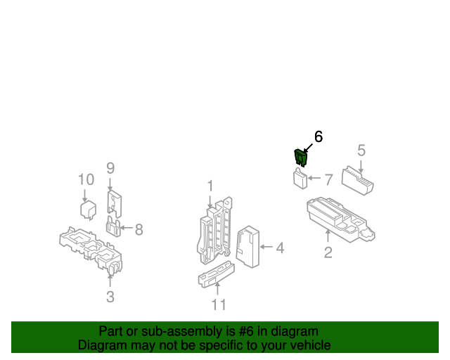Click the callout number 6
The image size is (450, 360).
(319, 136)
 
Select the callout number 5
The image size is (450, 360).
(361, 150)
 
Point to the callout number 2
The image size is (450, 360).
(328, 252)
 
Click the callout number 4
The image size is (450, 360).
(280, 247)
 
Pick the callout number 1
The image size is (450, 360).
(210, 186)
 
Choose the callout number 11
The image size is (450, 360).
(219, 304)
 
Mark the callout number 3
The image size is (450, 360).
(110, 297)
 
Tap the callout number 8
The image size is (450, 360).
(139, 229)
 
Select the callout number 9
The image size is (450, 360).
(110, 168)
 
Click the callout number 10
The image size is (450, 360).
(85, 179)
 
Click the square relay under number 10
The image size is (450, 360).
(87, 210)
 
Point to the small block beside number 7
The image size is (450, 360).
(302, 179)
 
